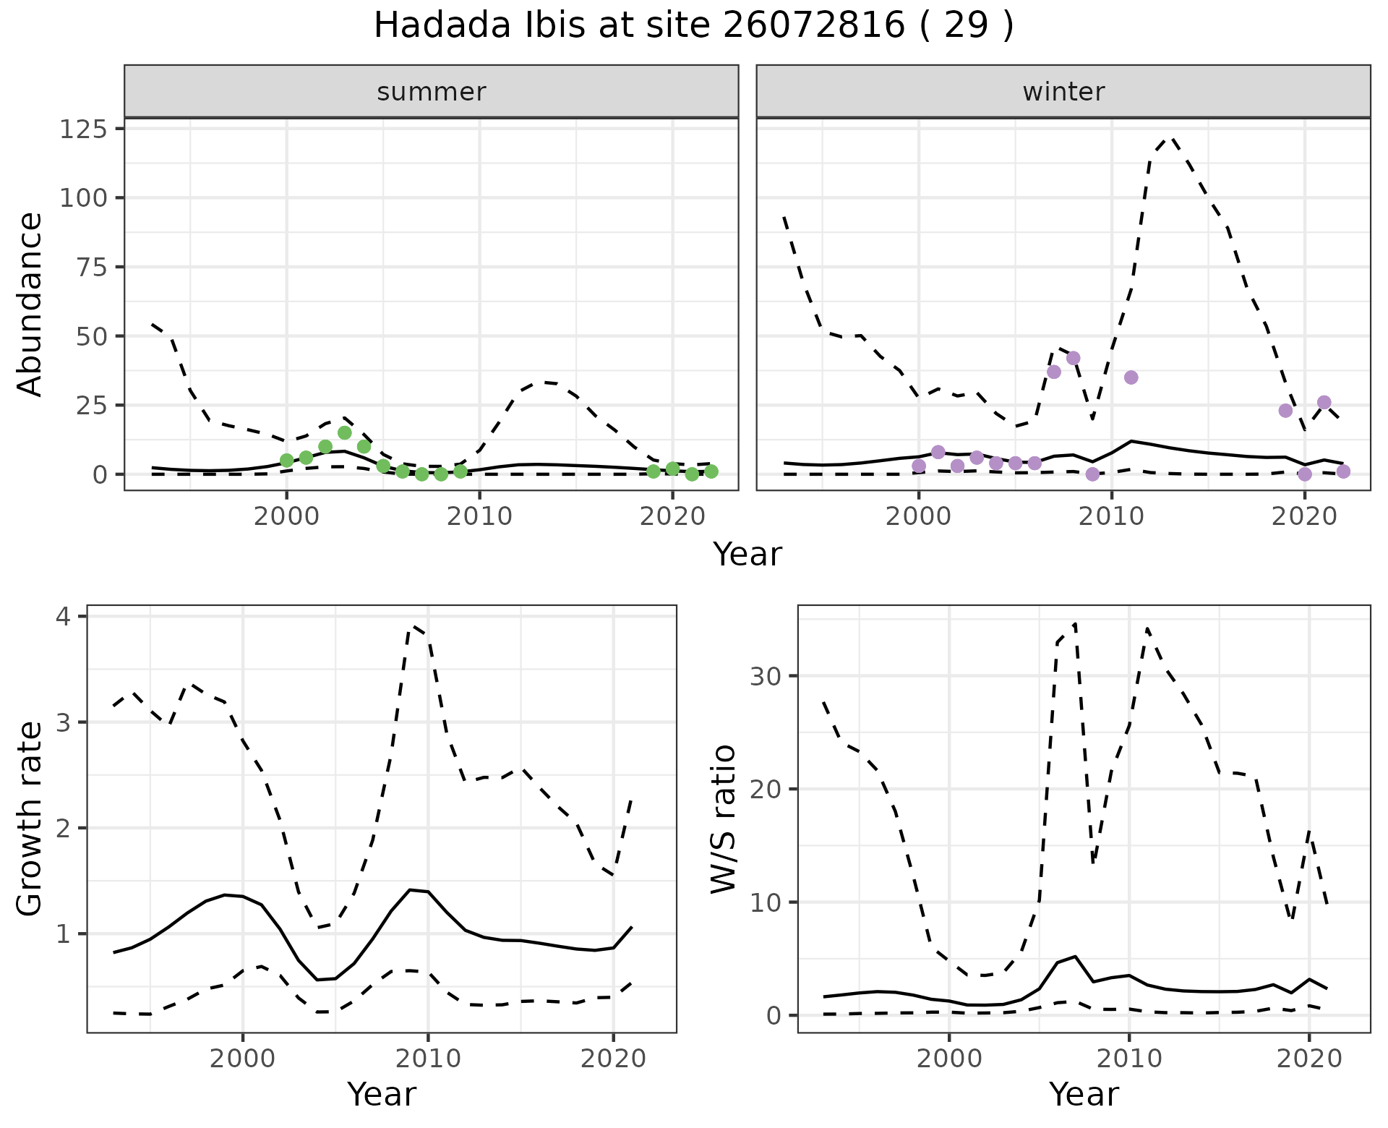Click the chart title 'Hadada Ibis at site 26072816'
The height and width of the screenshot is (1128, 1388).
693,26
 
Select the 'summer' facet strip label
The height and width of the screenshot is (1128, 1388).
431,92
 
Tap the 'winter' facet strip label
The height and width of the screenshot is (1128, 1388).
1063,92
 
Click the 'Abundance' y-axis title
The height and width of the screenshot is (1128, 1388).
30,304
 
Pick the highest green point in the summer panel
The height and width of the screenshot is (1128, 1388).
344,432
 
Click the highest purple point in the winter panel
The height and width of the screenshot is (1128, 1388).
1073,358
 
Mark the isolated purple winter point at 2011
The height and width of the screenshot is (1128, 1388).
1131,377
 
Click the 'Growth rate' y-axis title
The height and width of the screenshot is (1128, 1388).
30,819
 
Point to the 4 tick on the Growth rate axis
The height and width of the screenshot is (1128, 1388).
64,617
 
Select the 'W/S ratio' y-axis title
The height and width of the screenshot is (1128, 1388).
723,819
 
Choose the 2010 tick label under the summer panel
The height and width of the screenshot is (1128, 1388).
479,517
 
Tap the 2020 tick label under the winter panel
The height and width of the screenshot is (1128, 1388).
1304,517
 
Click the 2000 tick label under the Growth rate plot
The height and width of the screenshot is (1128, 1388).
243,1059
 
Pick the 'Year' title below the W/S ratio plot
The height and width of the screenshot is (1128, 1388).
1083,1094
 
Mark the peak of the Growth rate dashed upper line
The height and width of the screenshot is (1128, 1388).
415,625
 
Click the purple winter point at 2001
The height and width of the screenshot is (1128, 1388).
938,452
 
